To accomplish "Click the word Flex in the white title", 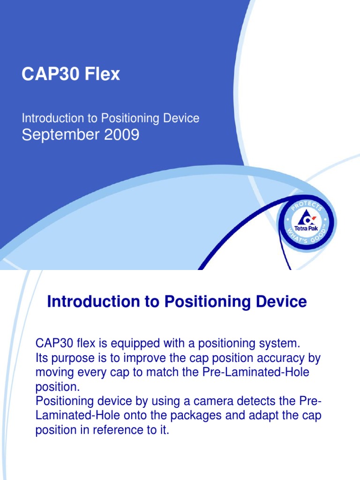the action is click(102, 74).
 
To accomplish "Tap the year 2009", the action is click(121, 135).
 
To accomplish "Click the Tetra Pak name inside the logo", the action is click(306, 228).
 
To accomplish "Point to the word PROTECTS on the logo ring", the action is click(307, 206).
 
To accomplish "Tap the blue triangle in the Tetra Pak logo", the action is click(304, 217).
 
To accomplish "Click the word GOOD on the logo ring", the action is click(318, 236).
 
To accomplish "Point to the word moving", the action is click(55, 373).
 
